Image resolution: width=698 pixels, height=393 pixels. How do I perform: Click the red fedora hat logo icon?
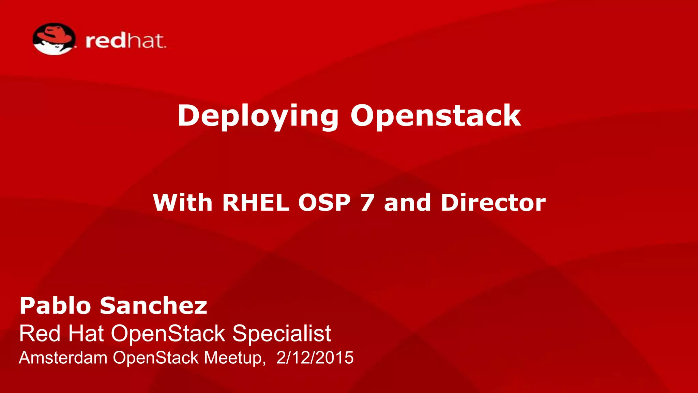pos(54,39)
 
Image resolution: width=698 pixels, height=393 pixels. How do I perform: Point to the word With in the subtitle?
pos(183,203)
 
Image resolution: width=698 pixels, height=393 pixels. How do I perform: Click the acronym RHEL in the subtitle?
pos(256,203)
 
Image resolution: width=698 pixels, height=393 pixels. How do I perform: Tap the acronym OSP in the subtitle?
pos(324,203)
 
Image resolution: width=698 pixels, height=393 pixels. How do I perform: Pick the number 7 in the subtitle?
pos(367,203)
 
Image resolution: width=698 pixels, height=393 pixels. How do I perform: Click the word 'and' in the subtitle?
pos(407,203)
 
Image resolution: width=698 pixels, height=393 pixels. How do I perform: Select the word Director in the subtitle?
pos(493,203)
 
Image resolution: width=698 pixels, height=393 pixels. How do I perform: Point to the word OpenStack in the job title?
pos(168,333)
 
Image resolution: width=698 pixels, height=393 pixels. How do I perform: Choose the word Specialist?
pos(282,333)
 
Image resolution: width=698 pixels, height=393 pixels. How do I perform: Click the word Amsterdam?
pos(63,358)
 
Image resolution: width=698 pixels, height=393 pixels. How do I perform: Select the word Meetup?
pos(234,358)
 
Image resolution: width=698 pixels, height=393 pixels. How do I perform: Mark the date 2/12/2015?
pos(315,358)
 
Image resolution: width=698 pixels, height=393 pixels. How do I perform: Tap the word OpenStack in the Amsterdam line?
pos(156,358)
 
